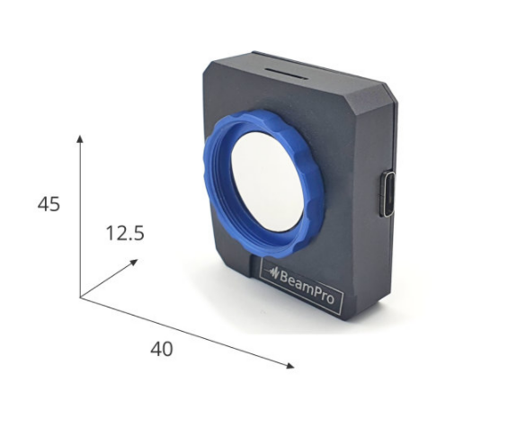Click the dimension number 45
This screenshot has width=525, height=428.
pos(49,204)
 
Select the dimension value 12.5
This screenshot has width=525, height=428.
pos(125,234)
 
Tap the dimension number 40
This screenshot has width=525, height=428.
pos(162,349)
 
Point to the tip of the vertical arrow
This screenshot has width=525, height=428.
pos(80,135)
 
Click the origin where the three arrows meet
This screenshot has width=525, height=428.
pos(80,297)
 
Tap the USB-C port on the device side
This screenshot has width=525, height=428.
pos(388,193)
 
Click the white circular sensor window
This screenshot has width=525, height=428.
pos(268,182)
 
